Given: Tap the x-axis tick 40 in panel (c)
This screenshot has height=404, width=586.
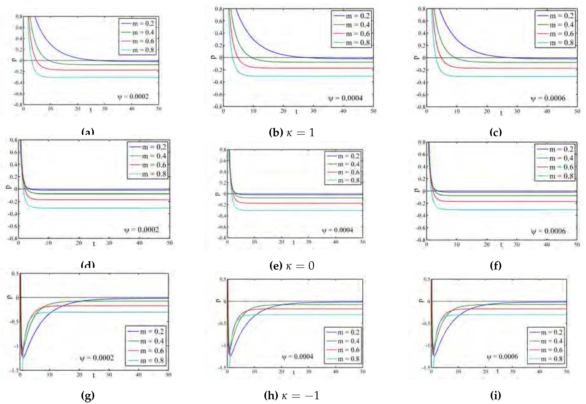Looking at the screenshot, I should (x=547, y=111).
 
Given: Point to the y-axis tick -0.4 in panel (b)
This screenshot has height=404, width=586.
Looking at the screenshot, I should (x=217, y=82).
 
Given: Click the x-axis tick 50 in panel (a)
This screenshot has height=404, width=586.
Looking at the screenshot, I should (x=159, y=109).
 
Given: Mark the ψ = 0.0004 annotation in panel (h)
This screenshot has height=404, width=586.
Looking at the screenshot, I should (x=298, y=357).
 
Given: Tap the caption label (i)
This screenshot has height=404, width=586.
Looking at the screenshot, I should (x=496, y=395).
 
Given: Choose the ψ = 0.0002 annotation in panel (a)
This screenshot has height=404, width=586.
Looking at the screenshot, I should (x=133, y=96).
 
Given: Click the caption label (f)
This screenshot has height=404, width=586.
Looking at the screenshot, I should (x=496, y=266).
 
